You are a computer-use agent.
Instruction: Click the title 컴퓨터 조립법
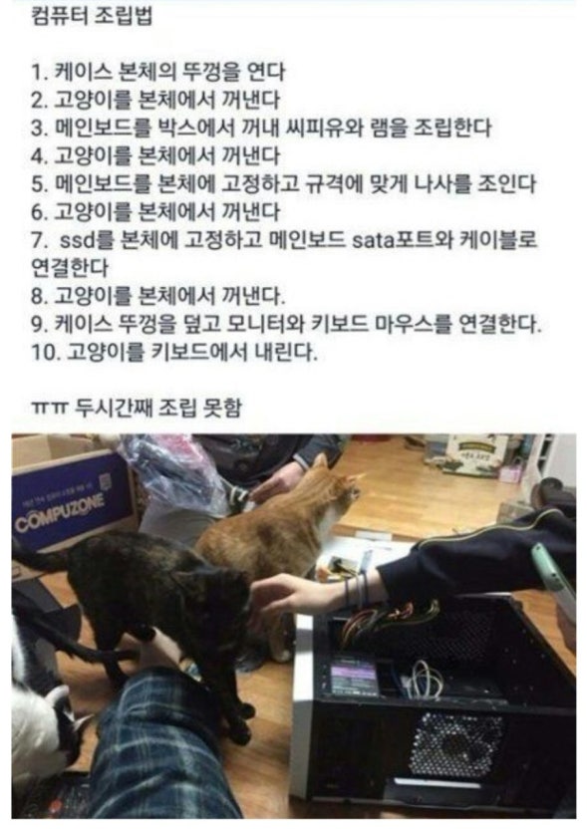(92, 16)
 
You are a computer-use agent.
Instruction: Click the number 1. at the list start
(40, 72)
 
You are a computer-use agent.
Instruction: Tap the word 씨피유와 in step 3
(323, 128)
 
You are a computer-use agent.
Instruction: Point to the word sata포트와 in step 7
(395, 240)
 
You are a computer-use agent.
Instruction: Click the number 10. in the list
(46, 352)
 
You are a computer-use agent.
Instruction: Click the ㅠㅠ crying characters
(50, 409)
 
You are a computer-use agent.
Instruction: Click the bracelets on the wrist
(357, 588)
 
